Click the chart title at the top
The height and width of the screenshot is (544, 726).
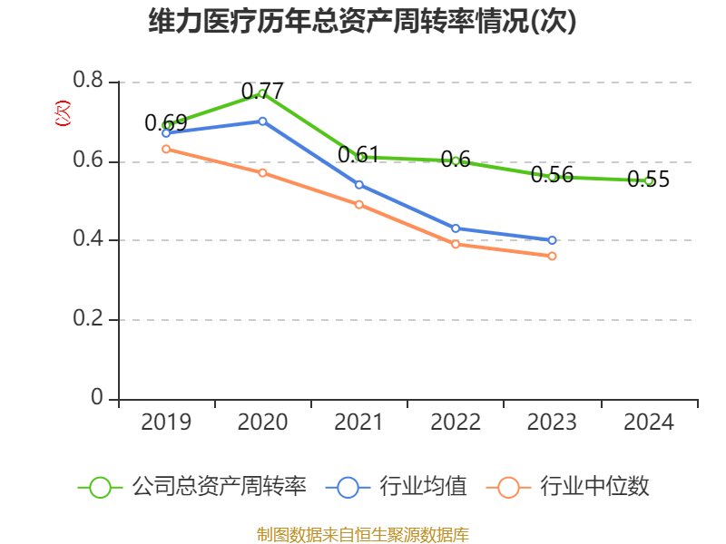click(x=362, y=21)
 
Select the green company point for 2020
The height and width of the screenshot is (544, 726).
click(x=262, y=92)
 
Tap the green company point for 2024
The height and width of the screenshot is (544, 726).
click(x=649, y=180)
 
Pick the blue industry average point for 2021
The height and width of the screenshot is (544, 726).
click(x=359, y=185)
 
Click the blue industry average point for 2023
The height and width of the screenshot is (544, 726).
click(x=552, y=240)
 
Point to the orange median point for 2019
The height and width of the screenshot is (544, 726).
click(x=166, y=149)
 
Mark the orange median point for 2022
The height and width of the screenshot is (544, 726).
click(x=456, y=244)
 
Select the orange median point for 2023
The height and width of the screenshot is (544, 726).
click(x=552, y=256)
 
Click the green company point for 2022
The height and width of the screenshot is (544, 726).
click(x=456, y=160)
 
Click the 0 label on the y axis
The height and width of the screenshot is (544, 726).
click(x=98, y=399)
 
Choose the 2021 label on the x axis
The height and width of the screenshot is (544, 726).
click(x=359, y=423)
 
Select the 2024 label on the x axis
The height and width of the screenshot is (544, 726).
click(x=649, y=423)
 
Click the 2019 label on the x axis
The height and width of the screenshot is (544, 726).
click(x=166, y=423)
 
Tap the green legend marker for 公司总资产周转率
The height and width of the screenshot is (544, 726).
click(x=100, y=487)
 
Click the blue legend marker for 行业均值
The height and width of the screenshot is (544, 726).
click(x=348, y=487)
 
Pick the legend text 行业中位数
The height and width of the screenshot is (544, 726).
click(x=594, y=487)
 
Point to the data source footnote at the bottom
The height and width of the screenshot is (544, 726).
click(x=362, y=534)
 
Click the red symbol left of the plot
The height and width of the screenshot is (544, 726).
click(x=63, y=113)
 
